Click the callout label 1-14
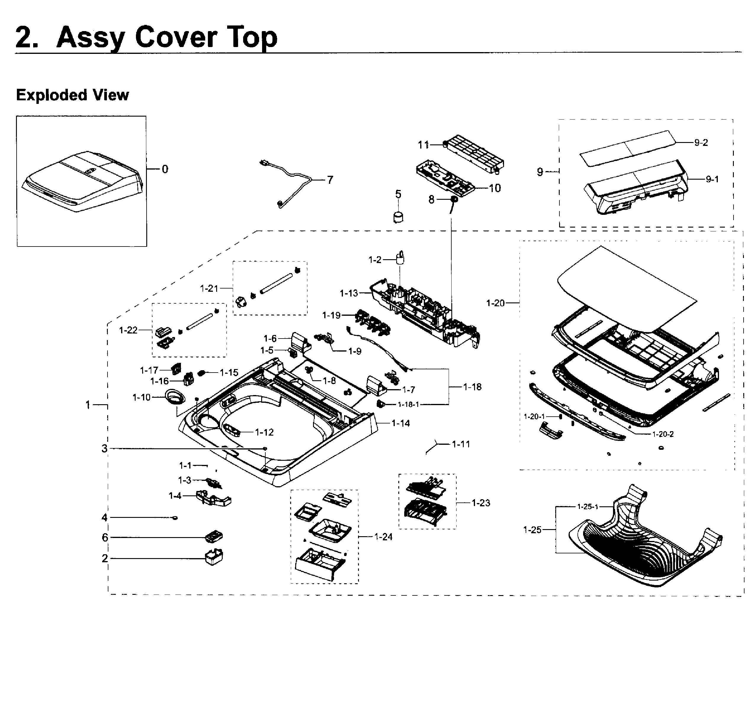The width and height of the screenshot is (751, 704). pos(400,423)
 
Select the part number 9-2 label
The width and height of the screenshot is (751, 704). pos(701,143)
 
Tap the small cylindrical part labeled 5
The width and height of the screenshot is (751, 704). pos(398,218)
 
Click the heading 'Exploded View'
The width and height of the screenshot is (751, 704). pos(72,95)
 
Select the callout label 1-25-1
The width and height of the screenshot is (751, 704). pos(588,507)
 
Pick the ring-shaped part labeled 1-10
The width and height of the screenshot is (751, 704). pos(175,397)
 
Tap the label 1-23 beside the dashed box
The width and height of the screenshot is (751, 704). pos(481,503)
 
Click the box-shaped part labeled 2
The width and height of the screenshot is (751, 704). pos(214,557)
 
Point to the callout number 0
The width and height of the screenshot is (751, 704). pos(165,169)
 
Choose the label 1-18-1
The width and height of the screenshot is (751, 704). pos(408,405)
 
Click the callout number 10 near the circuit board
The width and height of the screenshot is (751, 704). pos(495,188)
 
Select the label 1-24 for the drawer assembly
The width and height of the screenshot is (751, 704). pos(383,537)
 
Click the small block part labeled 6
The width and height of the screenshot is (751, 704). pos(214,536)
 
